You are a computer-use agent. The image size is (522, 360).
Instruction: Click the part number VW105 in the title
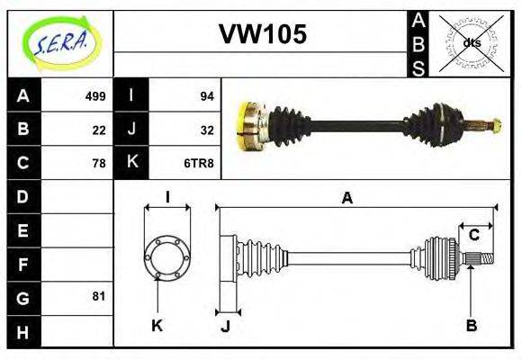pos(263,34)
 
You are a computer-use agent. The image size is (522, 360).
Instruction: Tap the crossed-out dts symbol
pos(471,42)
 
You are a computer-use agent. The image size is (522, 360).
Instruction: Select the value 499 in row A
pos(95,96)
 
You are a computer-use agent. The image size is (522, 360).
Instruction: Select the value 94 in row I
pos(205,96)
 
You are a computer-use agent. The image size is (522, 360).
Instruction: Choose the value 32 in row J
pos(205,130)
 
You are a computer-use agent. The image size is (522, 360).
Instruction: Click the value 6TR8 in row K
pos(200,163)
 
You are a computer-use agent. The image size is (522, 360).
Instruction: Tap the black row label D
pos(23,196)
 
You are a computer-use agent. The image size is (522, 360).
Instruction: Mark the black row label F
pos(23,264)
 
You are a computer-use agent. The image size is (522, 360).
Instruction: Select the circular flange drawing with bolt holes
pos(167,256)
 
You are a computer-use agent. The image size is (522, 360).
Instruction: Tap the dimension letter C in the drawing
pos(472,236)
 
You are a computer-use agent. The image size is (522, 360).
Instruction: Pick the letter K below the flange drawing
pos(157,325)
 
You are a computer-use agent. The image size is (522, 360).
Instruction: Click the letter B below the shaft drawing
pos(471,325)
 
